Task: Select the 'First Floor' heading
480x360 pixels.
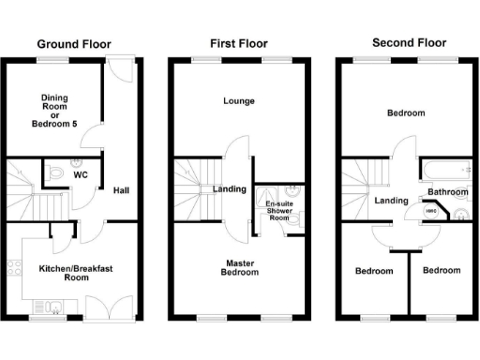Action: coord(238,44)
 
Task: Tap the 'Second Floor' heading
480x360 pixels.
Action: coord(409,43)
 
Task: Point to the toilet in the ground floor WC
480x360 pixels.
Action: coord(58,173)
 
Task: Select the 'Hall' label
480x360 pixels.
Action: coord(121,190)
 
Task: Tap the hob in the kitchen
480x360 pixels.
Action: coord(14,268)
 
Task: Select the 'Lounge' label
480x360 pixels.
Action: coord(238,100)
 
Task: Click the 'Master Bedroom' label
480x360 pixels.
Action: coord(238,267)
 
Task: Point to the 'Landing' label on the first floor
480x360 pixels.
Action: coord(229,189)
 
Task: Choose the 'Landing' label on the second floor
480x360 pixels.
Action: coord(391,201)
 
